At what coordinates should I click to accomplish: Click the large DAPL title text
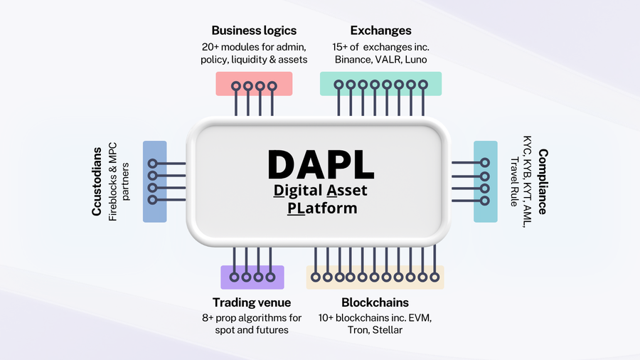coord(320,163)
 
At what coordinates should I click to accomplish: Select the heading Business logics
coord(254,31)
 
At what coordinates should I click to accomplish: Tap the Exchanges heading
coord(380,31)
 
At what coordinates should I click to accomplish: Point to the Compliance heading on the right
coord(542,181)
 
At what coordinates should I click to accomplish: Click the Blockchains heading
coord(375,302)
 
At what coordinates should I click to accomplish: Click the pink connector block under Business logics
coord(254,84)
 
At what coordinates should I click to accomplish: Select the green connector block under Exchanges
coord(380,84)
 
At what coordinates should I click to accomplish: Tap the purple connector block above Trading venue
coord(252,277)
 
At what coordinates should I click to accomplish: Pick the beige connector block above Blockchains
coord(375,277)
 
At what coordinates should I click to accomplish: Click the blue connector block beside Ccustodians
coord(154,181)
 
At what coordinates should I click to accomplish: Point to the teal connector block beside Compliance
coord(486,181)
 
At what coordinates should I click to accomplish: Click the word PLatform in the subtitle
coord(322,208)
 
